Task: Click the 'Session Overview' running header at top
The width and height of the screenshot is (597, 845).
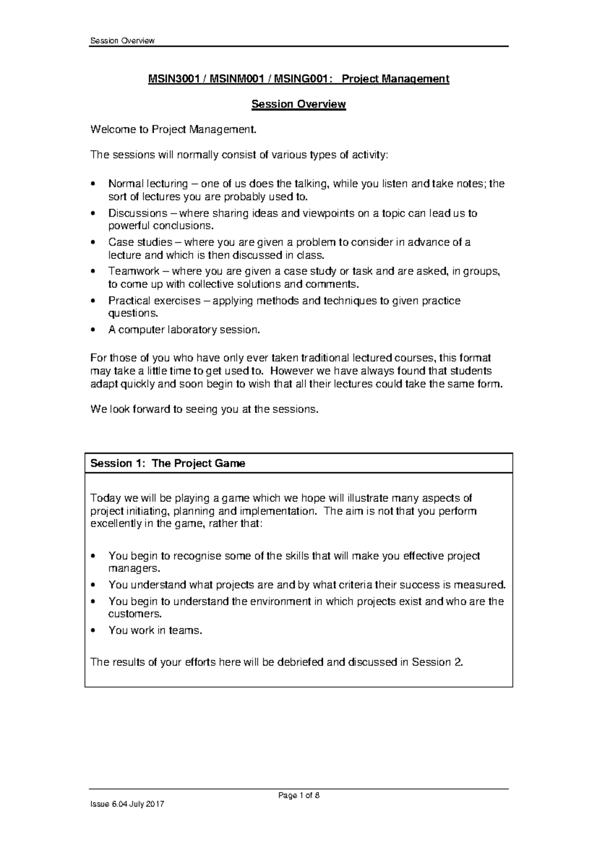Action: tap(122, 41)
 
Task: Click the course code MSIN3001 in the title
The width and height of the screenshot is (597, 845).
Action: tap(173, 79)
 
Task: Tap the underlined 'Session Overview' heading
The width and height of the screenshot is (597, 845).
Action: tap(298, 104)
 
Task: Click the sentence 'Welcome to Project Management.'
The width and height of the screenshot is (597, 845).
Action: tap(174, 130)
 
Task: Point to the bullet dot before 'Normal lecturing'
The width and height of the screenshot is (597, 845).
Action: tap(93, 184)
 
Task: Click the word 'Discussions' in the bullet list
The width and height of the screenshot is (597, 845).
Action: tap(138, 213)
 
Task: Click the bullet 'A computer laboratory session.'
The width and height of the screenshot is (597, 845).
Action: tap(184, 329)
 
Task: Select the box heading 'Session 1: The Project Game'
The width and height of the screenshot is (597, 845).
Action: tap(168, 463)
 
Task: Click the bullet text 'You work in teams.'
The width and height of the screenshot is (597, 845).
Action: tap(156, 630)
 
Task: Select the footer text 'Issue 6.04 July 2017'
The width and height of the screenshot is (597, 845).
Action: tap(127, 818)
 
